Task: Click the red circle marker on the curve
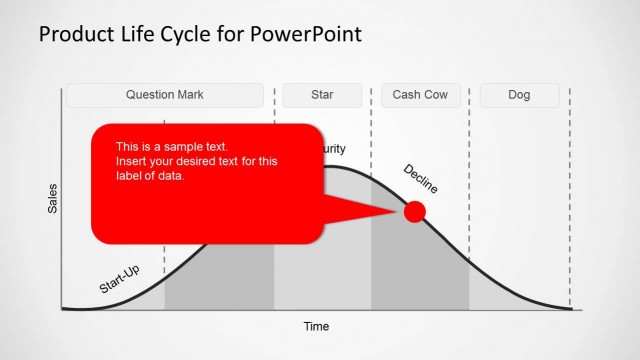pos(414,211)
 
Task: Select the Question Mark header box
pos(165,96)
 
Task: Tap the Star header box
pos(322,96)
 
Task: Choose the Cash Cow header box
pos(420,96)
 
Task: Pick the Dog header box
pos(519,96)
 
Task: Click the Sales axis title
pos(53,198)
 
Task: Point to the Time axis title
pos(316,326)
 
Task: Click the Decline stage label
pos(420,178)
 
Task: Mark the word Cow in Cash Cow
pos(435,96)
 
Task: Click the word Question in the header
pos(149,96)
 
